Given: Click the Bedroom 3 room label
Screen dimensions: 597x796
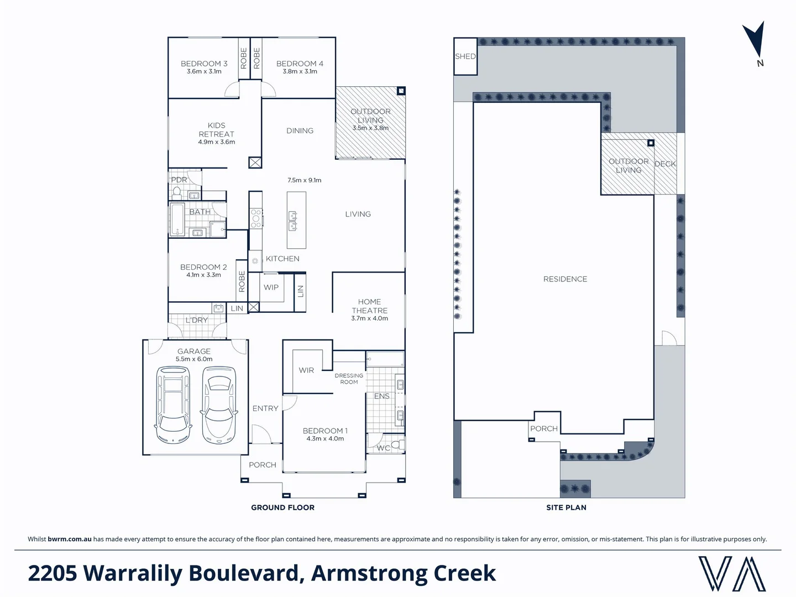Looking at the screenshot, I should [204, 64].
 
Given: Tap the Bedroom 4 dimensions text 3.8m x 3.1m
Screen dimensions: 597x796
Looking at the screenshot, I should [300, 71].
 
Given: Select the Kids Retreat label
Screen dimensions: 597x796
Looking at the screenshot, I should [216, 129].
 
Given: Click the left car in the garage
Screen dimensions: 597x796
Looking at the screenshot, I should [174, 405].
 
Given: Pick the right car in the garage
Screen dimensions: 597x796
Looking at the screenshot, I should [218, 405].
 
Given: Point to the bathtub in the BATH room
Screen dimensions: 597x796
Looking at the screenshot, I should [177, 219].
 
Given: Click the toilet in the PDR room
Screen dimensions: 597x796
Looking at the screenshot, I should [177, 192].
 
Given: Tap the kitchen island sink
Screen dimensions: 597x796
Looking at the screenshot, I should [293, 221].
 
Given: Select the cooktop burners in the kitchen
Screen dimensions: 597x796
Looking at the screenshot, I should [256, 218].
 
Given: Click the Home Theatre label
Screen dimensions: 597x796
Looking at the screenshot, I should [369, 306].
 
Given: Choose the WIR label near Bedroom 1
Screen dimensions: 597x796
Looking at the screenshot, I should [306, 370].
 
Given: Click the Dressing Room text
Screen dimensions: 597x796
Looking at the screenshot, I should [349, 379].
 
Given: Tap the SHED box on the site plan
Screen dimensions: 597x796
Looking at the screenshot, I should [465, 56].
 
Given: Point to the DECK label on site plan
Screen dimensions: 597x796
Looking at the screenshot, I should [665, 164].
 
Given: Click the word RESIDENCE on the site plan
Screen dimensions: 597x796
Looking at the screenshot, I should [565, 279].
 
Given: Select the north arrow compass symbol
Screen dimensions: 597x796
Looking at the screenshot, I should [755, 42].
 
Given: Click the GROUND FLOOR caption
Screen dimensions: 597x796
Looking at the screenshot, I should [282, 507].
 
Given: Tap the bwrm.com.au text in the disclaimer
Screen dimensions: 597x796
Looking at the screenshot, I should [70, 539].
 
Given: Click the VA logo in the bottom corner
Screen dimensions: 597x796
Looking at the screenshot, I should [732, 574].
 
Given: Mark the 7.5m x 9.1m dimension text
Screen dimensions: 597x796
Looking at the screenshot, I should [304, 180].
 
